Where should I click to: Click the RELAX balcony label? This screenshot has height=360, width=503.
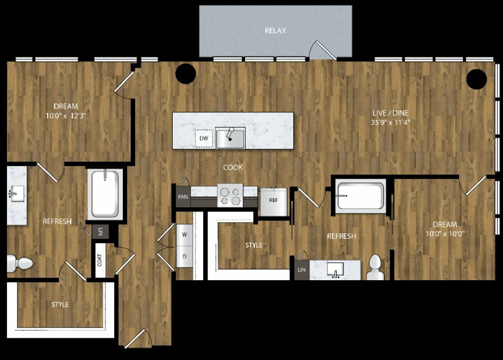pos(275,30)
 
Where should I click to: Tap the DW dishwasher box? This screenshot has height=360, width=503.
pos(204,138)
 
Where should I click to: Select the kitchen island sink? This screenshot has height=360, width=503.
pos(230,138)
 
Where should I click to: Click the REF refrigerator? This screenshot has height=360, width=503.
pos(274,202)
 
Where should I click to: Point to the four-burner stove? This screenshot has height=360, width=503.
pos(230,195)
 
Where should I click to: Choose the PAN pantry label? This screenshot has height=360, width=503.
pos(183,197)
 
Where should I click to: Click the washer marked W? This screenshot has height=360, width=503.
pos(185,235)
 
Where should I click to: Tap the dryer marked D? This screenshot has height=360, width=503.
pos(185,256)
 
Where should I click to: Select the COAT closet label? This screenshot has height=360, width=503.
pos(100,260)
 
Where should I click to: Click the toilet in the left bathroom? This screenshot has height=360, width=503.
pos(20,263)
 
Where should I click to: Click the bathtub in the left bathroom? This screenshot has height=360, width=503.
pos(105,194)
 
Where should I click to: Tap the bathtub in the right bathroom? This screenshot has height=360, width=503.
pos(361,196)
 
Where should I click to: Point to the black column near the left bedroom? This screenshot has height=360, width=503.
pos(186,74)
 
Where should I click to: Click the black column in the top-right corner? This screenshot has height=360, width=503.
pos(477,79)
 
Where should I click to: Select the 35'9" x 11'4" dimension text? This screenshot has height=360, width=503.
pos(391,122)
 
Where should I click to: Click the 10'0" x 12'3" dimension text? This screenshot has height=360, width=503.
pos(66,116)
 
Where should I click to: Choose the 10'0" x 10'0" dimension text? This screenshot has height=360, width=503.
pos(445,233)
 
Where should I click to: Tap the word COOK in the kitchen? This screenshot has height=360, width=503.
pos(233,167)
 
